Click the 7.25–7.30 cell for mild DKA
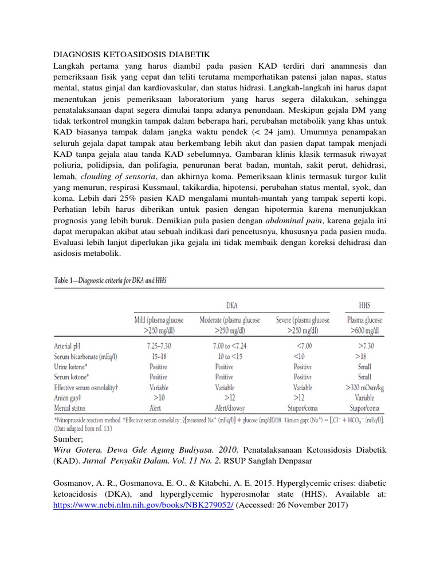pos(151,346)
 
